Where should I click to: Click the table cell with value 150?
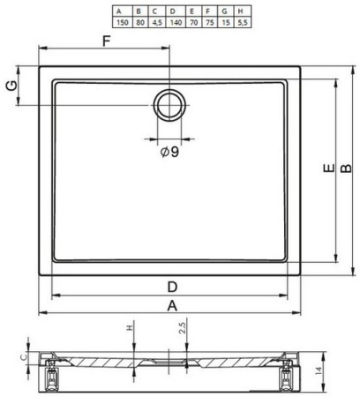point(123,22)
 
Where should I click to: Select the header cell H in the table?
point(242,11)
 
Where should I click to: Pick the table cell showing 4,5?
point(157,22)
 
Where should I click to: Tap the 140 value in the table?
point(176,22)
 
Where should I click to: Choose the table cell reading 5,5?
point(242,22)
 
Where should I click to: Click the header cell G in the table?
point(226,11)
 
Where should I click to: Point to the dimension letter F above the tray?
point(106,41)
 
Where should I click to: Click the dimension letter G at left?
point(11,86)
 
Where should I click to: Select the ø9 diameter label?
point(170,152)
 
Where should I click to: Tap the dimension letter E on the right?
point(329,168)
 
